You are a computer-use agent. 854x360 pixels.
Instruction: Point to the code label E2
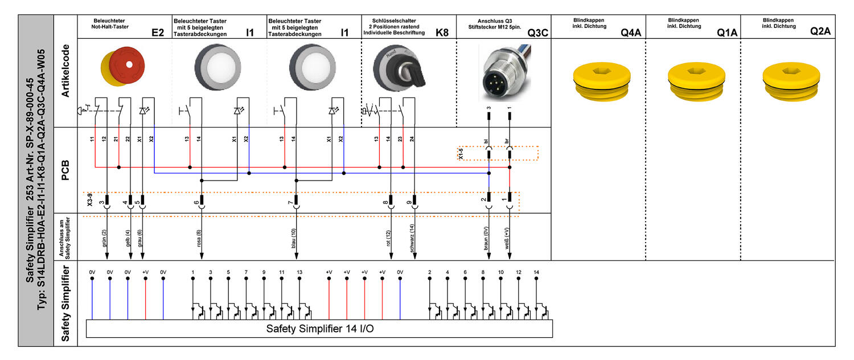pos(158,33)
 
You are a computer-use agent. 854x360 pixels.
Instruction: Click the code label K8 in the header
pos(442,33)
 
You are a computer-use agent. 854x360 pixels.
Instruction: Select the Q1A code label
pos(727,33)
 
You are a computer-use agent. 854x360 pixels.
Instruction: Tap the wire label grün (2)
pos(104,237)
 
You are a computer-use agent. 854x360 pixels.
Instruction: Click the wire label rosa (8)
pos(199,237)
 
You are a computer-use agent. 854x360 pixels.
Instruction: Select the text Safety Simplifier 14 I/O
pos(320,329)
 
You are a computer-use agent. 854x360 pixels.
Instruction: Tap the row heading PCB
pos(65,170)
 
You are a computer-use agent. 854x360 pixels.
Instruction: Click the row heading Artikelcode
pos(65,71)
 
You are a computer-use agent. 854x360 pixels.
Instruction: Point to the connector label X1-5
pos(462,153)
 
